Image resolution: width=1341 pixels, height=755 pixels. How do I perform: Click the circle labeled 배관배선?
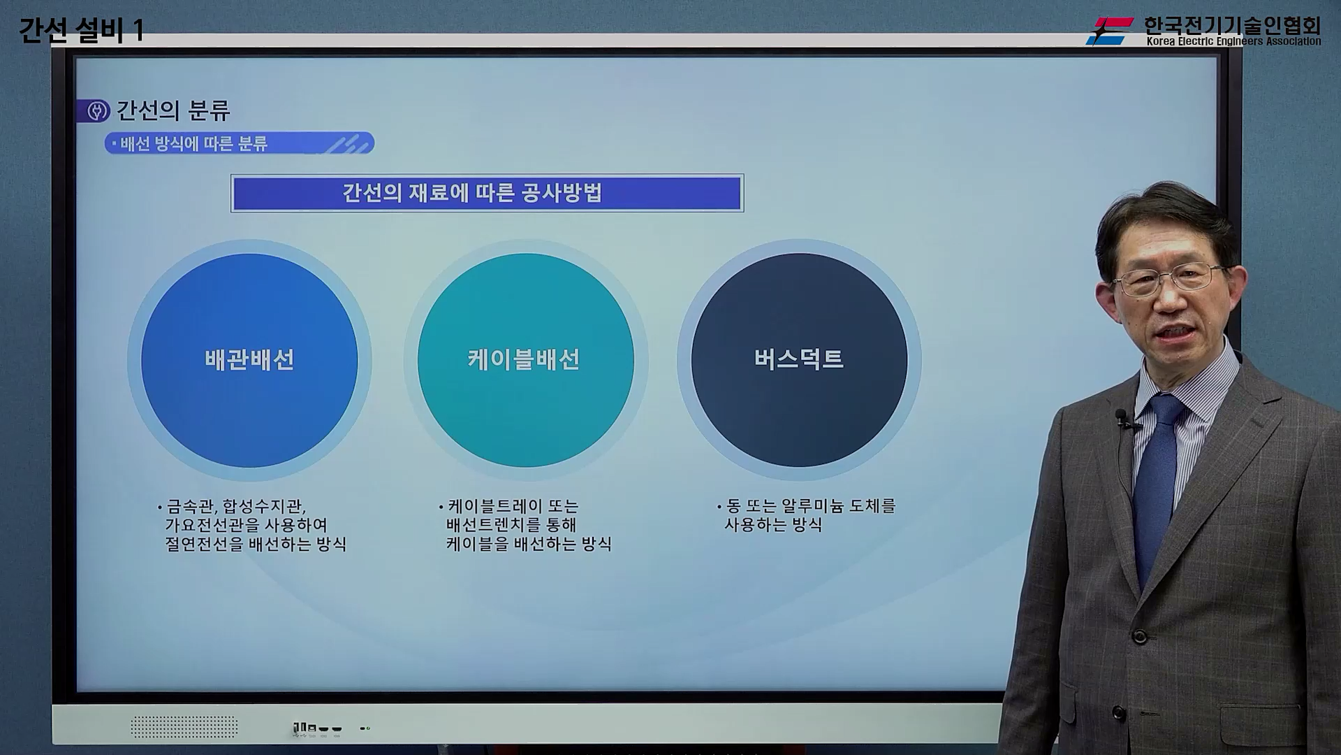(249, 360)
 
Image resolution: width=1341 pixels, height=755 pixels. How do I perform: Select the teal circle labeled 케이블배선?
(525, 360)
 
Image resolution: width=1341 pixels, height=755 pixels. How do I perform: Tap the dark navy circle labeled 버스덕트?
(799, 360)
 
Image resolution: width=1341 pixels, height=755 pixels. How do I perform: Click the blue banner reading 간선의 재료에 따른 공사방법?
(487, 193)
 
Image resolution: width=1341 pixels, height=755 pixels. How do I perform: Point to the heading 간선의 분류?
(173, 110)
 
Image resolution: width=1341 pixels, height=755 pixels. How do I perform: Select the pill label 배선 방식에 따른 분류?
(239, 143)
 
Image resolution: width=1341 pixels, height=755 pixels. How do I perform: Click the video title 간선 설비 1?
(81, 31)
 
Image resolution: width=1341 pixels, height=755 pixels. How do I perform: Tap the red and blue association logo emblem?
(1110, 31)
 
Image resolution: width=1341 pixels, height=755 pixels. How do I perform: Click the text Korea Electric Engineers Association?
(1233, 41)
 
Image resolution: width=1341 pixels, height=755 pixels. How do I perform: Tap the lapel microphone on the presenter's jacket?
(1122, 419)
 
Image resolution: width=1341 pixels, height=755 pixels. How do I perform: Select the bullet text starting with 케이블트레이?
(527, 525)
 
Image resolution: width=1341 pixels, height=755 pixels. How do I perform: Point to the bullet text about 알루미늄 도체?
(808, 515)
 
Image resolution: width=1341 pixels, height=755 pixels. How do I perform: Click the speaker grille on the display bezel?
(184, 727)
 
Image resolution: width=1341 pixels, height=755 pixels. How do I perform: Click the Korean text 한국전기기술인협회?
(1232, 25)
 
